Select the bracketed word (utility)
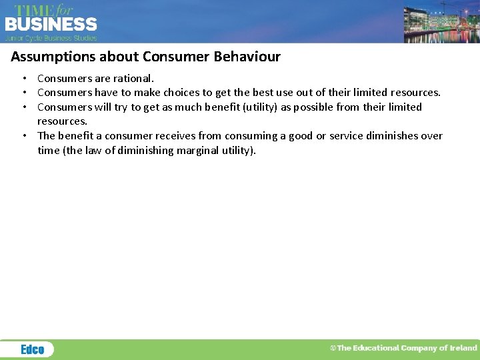247,107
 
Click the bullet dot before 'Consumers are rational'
23,79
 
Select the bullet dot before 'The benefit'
23,135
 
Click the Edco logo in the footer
32,349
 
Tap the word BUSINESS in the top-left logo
51,25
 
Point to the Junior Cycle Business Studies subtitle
51,38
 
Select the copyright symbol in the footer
333,348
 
